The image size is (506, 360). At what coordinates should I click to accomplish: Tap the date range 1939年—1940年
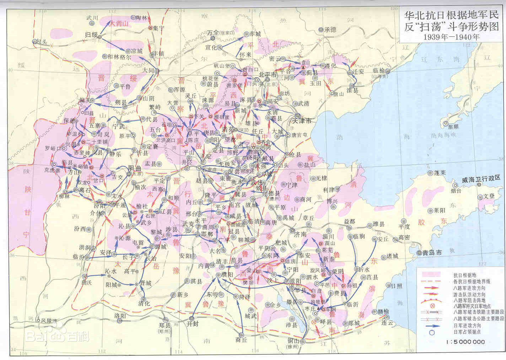point(451,37)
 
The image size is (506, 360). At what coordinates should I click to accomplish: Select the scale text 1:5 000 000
point(465,342)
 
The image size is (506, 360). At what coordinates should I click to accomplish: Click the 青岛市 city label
point(432,253)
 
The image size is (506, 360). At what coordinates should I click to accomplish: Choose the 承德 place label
point(330,29)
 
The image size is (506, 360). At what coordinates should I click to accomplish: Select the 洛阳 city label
point(120,315)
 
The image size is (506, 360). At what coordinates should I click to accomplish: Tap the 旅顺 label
point(453,127)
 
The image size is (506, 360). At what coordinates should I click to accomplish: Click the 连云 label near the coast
point(389,323)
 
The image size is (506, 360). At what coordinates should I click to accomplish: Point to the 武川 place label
point(92,17)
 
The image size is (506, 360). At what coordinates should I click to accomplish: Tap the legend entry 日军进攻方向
point(467,325)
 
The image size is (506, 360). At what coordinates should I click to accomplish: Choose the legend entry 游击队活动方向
point(469,295)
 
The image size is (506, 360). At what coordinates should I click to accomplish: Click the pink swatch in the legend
point(431,274)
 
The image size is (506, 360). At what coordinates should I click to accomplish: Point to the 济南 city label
point(300,234)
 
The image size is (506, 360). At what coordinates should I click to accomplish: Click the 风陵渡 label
point(49,320)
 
